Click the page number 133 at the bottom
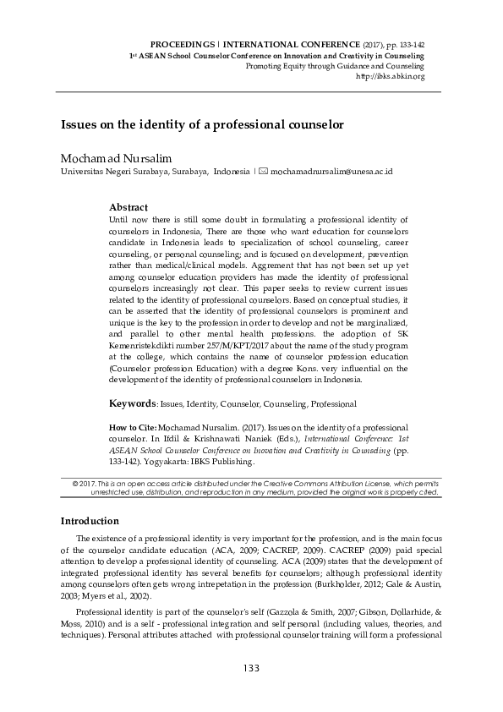pyautogui.click(x=250, y=668)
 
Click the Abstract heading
pyautogui.click(x=128, y=206)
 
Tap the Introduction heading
pyautogui.click(x=89, y=520)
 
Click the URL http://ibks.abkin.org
pyautogui.click(x=391, y=76)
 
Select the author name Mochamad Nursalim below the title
pyautogui.click(x=108, y=157)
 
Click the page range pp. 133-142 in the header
pyautogui.click(x=400, y=42)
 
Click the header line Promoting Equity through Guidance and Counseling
pyautogui.click(x=335, y=66)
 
